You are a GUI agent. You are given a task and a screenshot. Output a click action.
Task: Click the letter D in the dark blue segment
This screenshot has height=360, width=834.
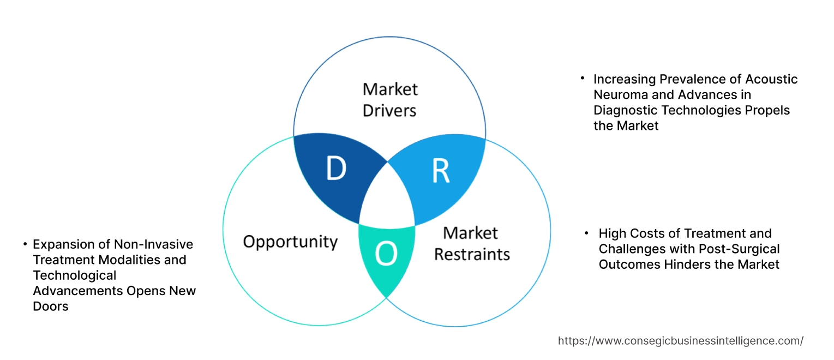[x=336, y=169]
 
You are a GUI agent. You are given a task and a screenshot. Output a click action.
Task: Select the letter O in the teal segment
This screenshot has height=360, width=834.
[x=386, y=254]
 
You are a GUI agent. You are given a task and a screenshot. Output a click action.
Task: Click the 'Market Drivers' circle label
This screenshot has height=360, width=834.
[x=389, y=99]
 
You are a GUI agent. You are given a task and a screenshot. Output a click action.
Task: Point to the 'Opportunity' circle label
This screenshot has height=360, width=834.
[x=290, y=242]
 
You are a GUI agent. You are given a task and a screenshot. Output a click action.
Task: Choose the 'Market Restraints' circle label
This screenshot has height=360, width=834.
[x=472, y=243]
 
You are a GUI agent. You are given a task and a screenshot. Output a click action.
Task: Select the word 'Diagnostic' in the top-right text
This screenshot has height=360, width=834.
[x=626, y=110]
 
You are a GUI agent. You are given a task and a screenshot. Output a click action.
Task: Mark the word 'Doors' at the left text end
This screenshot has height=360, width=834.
[x=51, y=307]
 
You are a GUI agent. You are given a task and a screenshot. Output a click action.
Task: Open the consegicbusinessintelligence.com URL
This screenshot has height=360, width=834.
[x=680, y=341]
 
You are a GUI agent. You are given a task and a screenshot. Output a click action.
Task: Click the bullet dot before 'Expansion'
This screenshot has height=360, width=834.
[x=25, y=243]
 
